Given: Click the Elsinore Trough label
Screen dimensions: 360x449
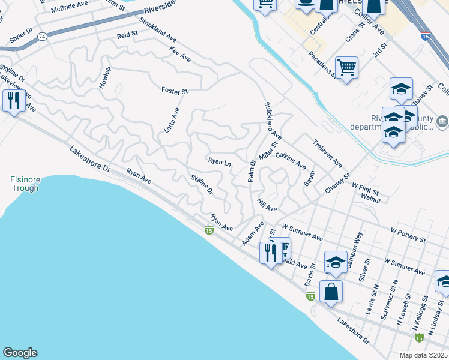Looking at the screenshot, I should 24,184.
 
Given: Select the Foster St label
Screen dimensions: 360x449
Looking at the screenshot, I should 175,91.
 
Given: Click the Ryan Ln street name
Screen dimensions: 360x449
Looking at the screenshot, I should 219,162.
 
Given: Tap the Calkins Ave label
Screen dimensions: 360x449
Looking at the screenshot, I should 291,161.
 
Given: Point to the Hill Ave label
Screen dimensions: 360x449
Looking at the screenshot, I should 267,205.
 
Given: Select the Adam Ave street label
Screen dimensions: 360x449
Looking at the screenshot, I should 253,233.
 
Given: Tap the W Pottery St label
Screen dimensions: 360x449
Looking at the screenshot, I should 408,235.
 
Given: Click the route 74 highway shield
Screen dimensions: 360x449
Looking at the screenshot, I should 42,37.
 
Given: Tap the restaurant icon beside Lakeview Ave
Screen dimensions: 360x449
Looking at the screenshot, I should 13,100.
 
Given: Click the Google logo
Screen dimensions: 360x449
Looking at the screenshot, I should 20,353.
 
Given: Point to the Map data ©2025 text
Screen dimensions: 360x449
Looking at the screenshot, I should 423,355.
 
